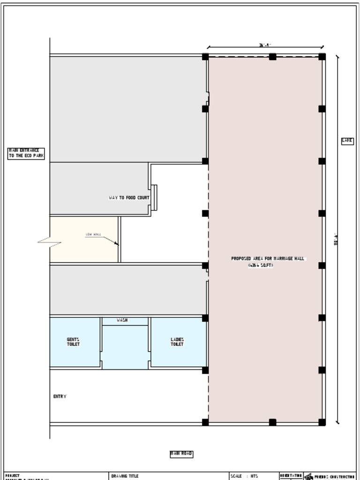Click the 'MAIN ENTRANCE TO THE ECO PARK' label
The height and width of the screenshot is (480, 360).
(26, 153)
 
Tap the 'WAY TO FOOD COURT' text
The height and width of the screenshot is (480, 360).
(129, 198)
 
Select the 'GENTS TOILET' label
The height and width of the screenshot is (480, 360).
(73, 342)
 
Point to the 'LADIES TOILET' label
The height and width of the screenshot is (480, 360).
(177, 342)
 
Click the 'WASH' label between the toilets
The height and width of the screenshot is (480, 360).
(122, 320)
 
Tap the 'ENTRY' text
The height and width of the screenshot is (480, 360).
(60, 397)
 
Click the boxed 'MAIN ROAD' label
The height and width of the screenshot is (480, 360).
(181, 454)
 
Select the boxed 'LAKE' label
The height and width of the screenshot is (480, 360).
(347, 140)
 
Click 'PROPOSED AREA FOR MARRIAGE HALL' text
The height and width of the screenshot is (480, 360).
(268, 258)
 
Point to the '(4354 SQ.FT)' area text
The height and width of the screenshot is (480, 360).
(261, 265)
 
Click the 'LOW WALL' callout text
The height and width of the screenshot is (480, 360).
(93, 234)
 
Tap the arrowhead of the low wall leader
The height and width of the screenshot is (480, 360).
(117, 244)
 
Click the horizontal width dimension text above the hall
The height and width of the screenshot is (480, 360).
(265, 45)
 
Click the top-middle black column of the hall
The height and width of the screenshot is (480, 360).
(272, 57)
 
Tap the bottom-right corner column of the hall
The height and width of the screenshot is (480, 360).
(322, 422)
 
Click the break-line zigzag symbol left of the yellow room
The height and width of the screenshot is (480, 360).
(50, 242)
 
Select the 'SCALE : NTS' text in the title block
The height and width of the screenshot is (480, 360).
(244, 476)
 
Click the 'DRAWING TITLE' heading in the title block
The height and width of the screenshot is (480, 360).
(125, 476)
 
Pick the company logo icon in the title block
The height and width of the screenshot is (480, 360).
(308, 476)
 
